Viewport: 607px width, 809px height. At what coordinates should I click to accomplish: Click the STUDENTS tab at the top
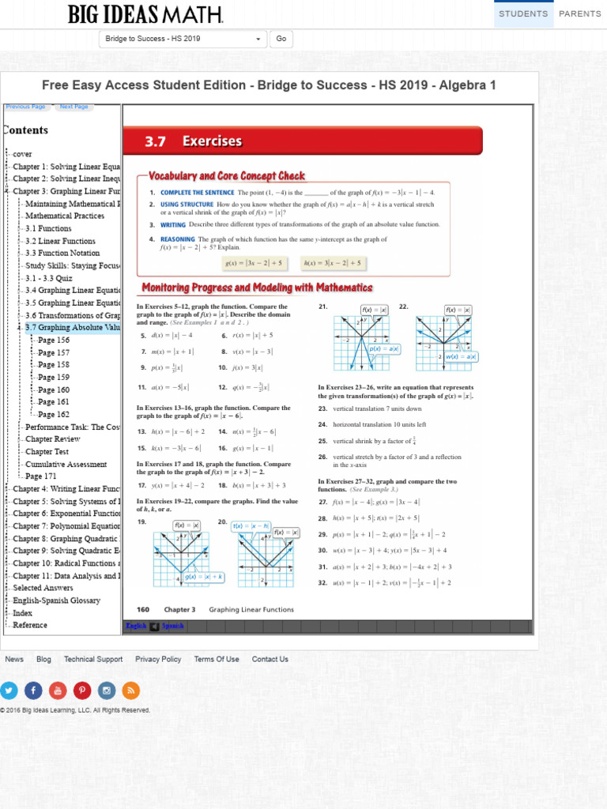pos(523,13)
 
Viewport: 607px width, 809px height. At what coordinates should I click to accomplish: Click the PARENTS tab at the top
pos(579,13)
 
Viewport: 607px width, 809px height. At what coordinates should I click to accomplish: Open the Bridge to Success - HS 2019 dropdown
pos(183,39)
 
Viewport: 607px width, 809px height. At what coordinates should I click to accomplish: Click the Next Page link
pos(74,107)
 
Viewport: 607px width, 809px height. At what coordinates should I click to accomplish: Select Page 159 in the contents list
pos(54,377)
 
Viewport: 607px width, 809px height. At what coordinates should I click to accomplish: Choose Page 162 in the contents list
pos(54,414)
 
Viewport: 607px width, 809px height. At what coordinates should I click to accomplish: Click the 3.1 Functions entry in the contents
pos(48,228)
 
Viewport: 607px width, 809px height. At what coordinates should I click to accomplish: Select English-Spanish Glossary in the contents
pos(57,600)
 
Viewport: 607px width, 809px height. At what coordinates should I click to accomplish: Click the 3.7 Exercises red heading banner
pos(302,141)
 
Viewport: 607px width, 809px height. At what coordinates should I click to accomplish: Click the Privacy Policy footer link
pos(158,659)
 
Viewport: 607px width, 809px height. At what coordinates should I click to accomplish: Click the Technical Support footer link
pos(93,659)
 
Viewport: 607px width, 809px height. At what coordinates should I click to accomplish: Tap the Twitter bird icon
pos(9,690)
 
